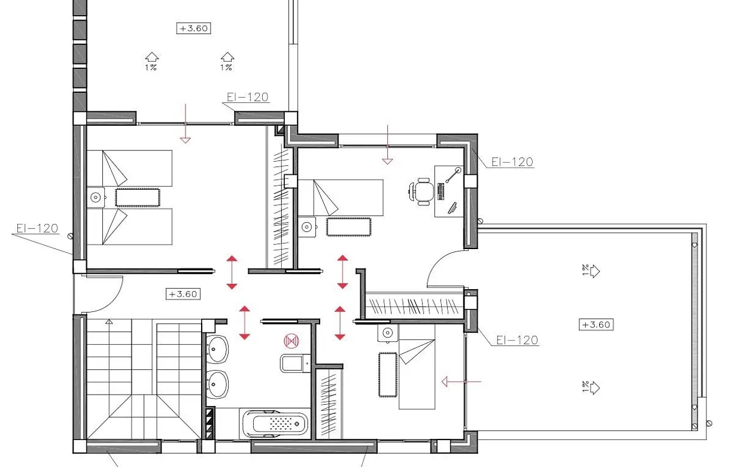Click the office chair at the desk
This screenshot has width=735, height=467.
[423, 191]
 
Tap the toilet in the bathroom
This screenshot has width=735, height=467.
[293, 362]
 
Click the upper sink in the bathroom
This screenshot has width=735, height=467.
[217, 348]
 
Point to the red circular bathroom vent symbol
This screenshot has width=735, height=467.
[291, 341]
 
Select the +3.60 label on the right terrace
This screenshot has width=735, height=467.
[596, 325]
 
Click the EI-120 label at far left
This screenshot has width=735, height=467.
[37, 228]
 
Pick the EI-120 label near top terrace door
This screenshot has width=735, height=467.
[247, 97]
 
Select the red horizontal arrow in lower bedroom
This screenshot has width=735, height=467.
[460, 381]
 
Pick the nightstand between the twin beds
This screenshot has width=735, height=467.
[96, 197]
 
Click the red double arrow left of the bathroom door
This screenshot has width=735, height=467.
[244, 323]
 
